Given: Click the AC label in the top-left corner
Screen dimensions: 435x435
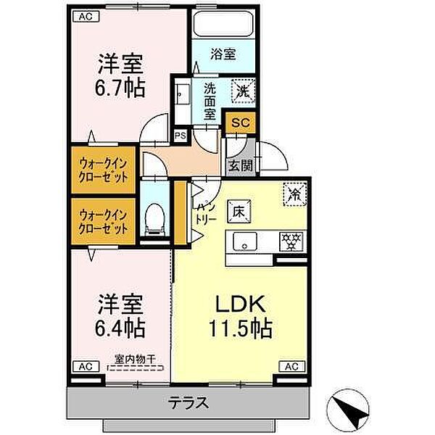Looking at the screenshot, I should point(84,16).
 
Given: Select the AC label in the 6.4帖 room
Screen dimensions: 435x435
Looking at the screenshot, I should point(84,366).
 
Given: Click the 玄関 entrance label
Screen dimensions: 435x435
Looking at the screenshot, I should point(241,165).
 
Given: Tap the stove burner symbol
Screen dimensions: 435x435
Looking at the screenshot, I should point(291,239).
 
